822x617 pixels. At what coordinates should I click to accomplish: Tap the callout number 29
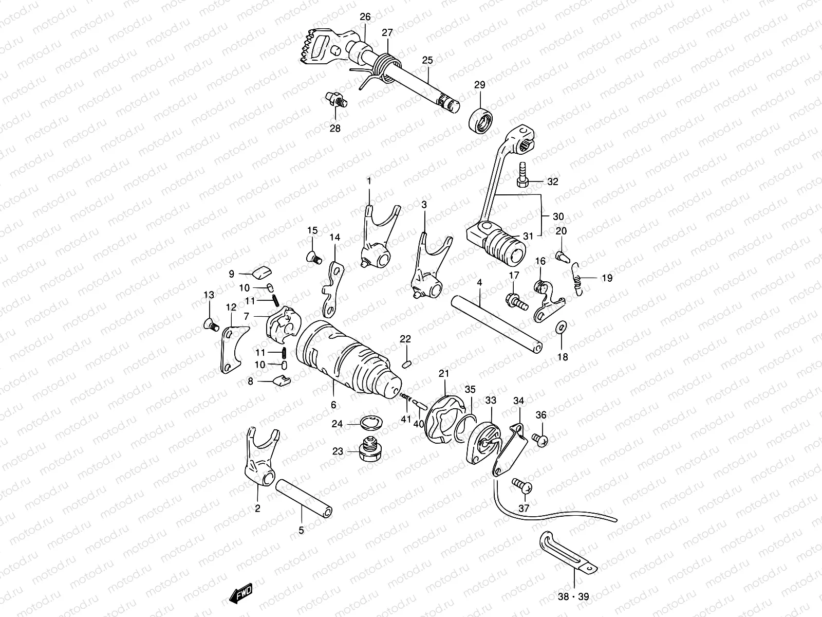(479, 85)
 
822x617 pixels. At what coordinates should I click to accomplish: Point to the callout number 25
(427, 61)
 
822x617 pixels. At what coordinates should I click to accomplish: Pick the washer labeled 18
(562, 325)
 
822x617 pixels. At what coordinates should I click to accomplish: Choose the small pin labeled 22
(405, 364)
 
